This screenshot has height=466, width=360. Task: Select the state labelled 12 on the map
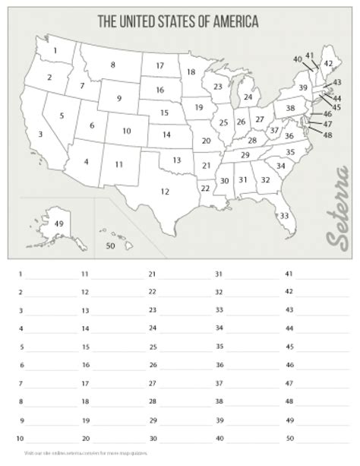pyautogui.click(x=164, y=191)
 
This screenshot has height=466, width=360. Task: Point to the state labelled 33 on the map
pyautogui.click(x=284, y=215)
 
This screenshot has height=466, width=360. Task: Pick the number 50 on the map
pyautogui.click(x=110, y=246)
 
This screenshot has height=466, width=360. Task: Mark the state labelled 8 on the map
pyautogui.click(x=112, y=65)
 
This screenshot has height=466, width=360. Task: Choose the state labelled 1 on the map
pyautogui.click(x=55, y=51)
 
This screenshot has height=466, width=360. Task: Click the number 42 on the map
pyautogui.click(x=327, y=64)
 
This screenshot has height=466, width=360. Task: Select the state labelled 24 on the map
pyautogui.click(x=248, y=97)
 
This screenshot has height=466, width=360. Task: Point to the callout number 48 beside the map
pyautogui.click(x=327, y=135)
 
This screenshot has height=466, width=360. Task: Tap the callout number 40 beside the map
pyautogui.click(x=297, y=59)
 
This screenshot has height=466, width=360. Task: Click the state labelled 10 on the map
pyautogui.click(x=118, y=131)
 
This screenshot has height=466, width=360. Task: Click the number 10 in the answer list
pyautogui.click(x=19, y=439)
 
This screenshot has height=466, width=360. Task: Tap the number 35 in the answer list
pyautogui.click(x=219, y=346)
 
